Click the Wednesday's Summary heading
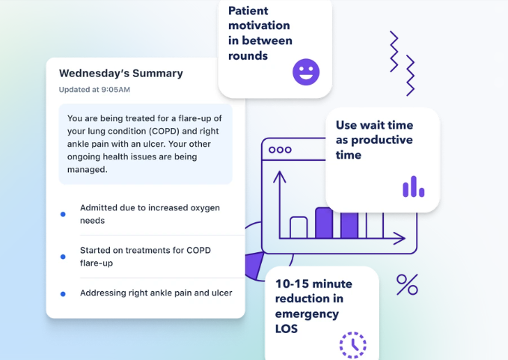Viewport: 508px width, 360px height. [x=121, y=73]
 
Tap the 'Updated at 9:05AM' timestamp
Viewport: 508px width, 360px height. [x=94, y=90]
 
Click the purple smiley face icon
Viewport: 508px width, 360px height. [x=306, y=72]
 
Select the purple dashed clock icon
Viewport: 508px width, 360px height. [x=353, y=345]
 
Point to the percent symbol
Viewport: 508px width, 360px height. [x=407, y=284]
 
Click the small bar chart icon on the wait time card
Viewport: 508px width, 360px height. [x=414, y=186]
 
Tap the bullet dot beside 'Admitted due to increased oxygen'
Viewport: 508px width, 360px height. [x=63, y=214]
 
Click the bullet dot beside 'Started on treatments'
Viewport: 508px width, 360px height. [x=63, y=257]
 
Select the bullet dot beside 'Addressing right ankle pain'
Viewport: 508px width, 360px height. [x=63, y=294]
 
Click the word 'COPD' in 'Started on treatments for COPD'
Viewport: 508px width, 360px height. [x=198, y=251]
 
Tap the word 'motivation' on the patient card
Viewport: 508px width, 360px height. [x=259, y=25]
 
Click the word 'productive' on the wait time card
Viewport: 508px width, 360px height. [x=382, y=140]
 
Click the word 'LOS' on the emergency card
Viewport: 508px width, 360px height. [x=287, y=329]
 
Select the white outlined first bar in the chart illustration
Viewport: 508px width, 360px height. [x=299, y=228]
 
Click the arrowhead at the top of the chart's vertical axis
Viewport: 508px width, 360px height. [x=279, y=177]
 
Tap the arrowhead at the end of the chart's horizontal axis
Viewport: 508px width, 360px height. [x=400, y=238]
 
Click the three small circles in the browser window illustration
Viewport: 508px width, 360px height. [x=281, y=150]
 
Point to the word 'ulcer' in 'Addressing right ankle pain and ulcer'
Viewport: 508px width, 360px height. [x=222, y=293]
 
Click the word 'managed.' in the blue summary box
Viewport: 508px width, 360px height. [x=87, y=169]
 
